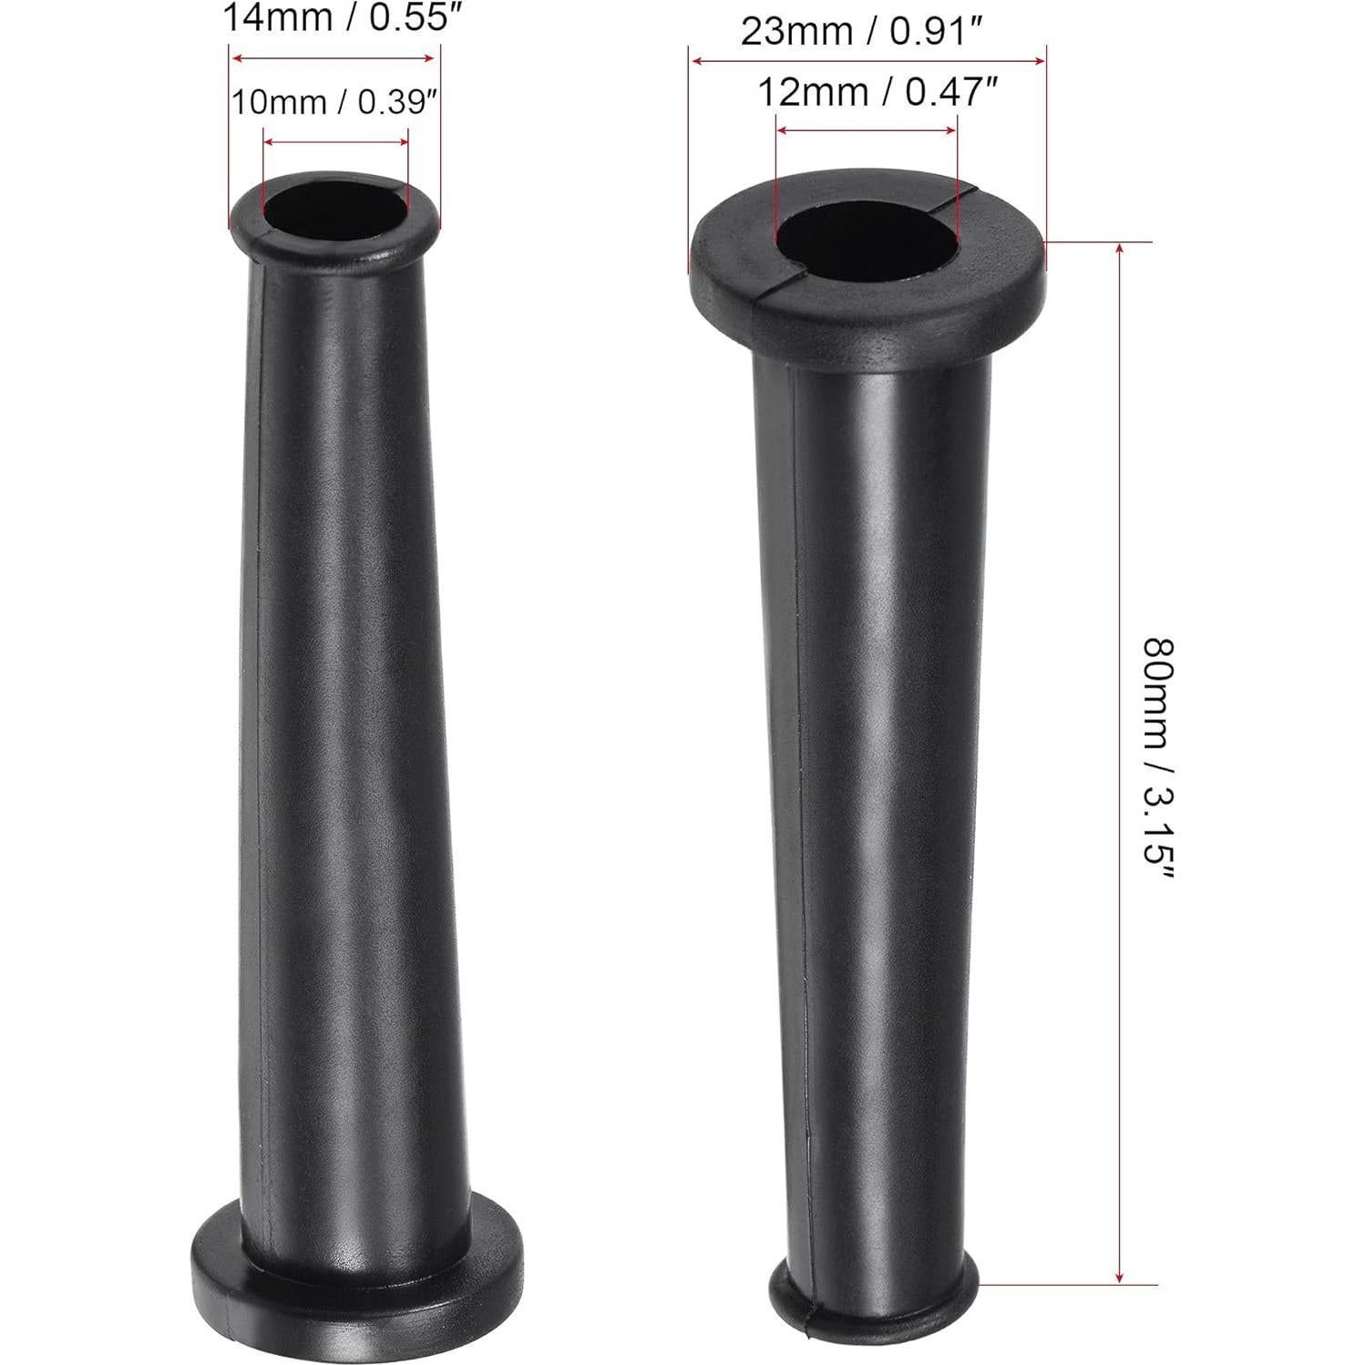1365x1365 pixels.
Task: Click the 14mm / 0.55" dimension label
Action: tap(337, 18)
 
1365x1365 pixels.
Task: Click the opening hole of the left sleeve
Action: tap(334, 210)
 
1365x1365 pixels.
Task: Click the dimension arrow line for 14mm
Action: tap(334, 58)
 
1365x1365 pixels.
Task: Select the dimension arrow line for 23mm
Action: tap(867, 61)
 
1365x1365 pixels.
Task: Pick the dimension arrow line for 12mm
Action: tap(866, 130)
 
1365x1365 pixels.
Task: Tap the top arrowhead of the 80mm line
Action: tap(1119, 248)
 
